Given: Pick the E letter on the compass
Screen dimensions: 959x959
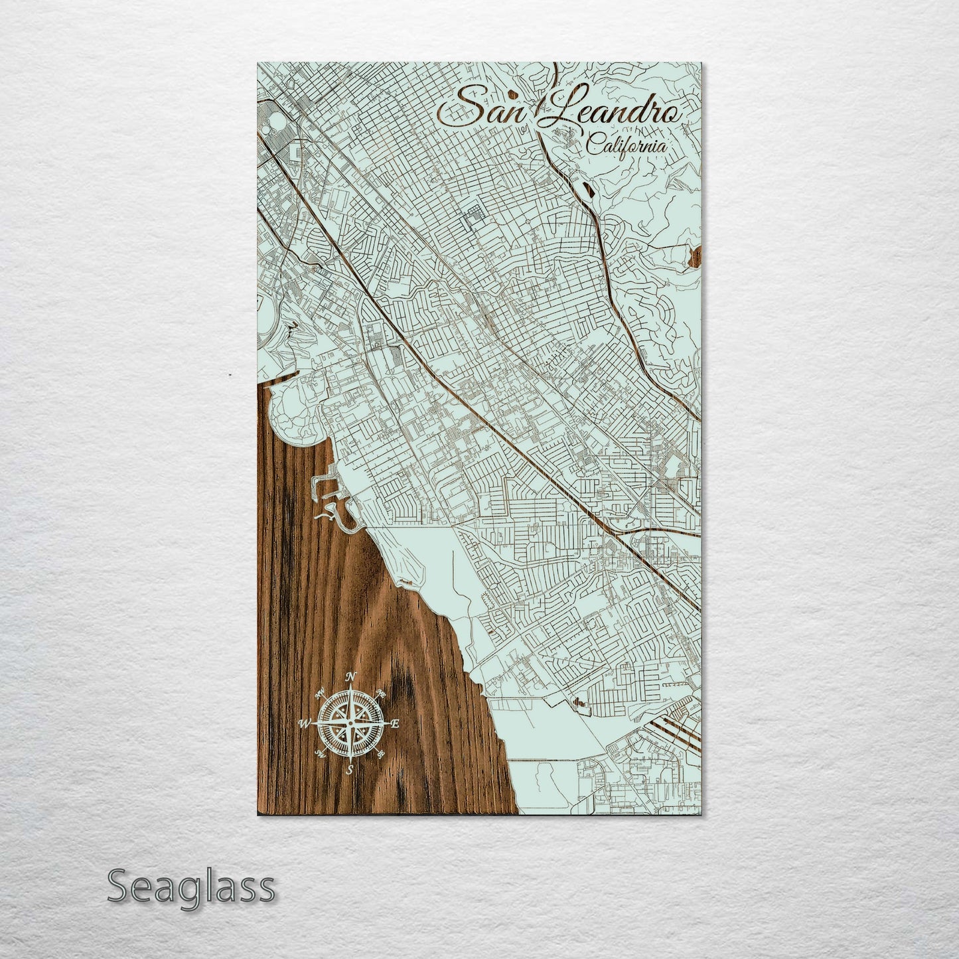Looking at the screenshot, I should click(394, 724).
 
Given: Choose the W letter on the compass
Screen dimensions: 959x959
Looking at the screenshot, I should click(305, 723).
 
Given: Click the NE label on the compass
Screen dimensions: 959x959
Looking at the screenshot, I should click(381, 694).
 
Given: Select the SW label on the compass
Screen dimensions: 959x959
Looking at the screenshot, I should click(321, 753).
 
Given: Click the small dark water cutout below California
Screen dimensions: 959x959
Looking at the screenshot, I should click(587, 188).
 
